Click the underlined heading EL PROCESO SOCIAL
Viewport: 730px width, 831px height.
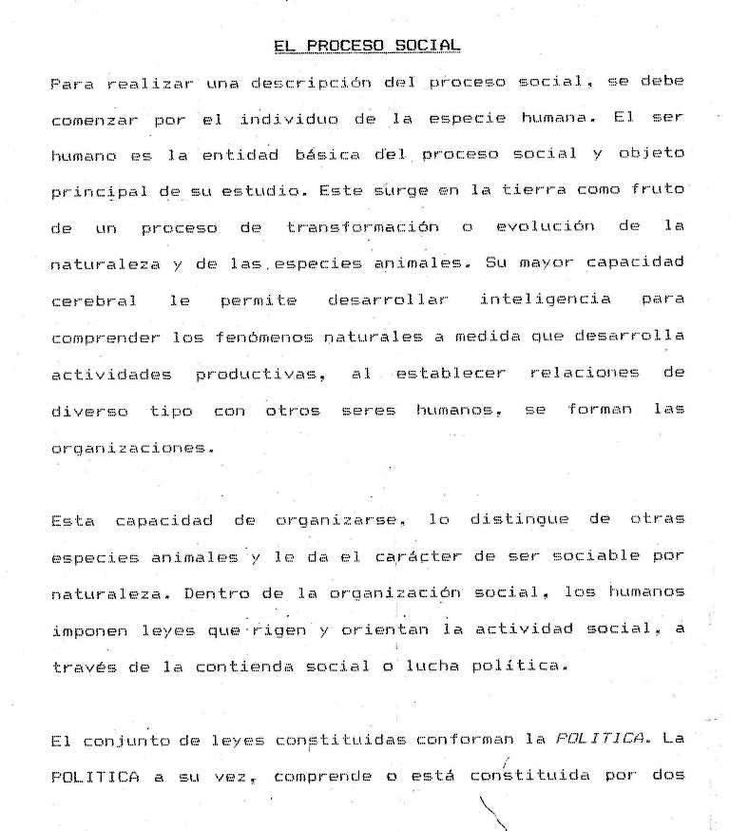[x=366, y=45]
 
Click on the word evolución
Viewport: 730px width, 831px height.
[x=545, y=227]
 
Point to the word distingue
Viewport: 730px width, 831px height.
[x=521, y=520]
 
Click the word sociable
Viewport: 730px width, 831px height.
[x=603, y=555]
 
